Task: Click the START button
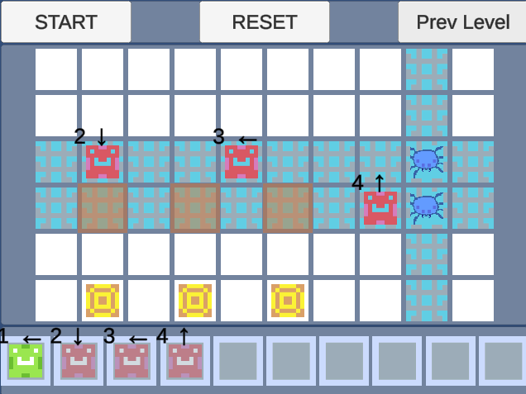click(65, 22)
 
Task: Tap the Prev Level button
click(462, 22)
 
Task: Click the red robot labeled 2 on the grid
click(103, 162)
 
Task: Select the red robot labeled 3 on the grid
click(241, 162)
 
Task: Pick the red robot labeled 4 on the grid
click(380, 208)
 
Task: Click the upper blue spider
click(427, 160)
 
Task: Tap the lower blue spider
click(427, 206)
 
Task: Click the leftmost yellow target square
click(103, 301)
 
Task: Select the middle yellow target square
click(195, 301)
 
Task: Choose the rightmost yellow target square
click(288, 301)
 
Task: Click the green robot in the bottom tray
click(26, 361)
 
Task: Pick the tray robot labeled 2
click(79, 361)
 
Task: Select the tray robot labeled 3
click(131, 361)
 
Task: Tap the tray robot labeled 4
click(184, 361)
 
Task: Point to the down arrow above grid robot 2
click(102, 135)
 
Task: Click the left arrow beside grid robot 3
click(247, 140)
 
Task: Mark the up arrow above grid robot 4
click(380, 182)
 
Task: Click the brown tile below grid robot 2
click(103, 208)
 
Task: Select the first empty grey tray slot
click(237, 361)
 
